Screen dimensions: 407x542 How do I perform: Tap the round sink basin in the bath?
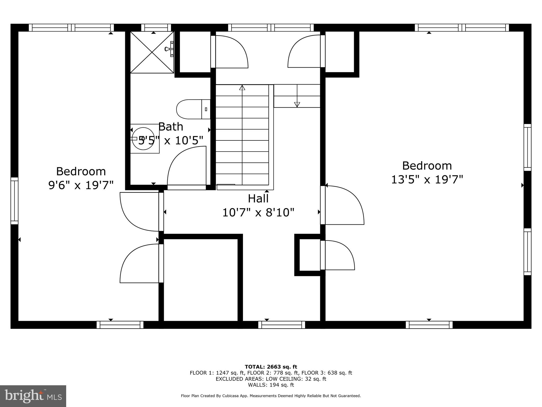tap(143, 139)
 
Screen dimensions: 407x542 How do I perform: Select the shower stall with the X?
tap(152, 52)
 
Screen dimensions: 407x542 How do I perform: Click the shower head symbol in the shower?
tap(168, 49)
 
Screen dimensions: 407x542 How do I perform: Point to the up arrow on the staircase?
tap(242, 88)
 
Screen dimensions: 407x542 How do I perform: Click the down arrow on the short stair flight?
tap(297, 104)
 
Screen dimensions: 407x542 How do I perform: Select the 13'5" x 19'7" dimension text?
tap(427, 180)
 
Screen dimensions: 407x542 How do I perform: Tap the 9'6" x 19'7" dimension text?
tap(81, 185)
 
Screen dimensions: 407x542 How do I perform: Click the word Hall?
tap(258, 198)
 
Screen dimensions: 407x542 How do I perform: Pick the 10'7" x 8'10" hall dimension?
tap(258, 213)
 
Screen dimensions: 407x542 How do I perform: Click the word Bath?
tap(171, 127)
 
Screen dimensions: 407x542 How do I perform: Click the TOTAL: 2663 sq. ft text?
tap(271, 367)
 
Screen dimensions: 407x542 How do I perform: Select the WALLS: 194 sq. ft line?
tap(271, 385)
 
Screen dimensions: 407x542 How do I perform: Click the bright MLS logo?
tap(33, 396)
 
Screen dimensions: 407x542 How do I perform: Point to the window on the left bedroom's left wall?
tap(14, 201)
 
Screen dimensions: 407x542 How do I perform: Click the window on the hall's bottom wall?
tap(281, 325)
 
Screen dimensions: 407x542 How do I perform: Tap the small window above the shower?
tap(156, 28)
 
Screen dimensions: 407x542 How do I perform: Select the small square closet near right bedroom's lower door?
tap(309, 255)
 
